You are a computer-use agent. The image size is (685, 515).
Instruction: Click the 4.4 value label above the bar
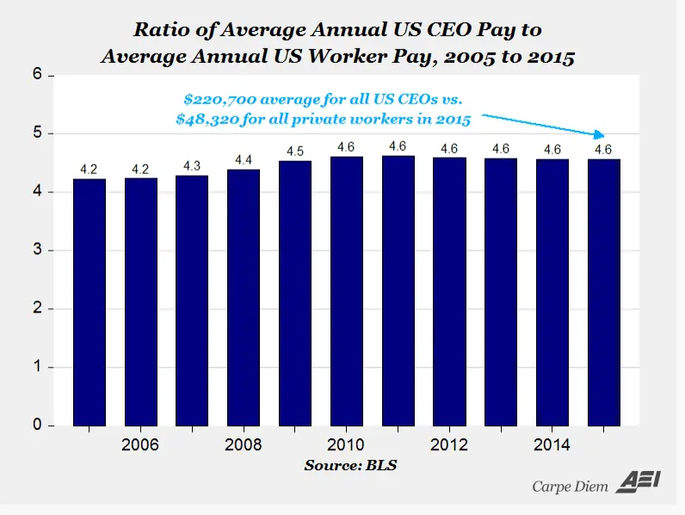pos(244,159)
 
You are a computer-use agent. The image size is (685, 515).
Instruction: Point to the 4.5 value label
pos(295,151)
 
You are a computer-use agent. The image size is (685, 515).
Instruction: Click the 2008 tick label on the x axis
pos(244,445)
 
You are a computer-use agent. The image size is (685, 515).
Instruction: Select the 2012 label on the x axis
pos(449,445)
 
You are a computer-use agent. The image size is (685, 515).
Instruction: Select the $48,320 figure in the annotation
pos(206,120)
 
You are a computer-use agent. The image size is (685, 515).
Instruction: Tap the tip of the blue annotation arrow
pos(602,135)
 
